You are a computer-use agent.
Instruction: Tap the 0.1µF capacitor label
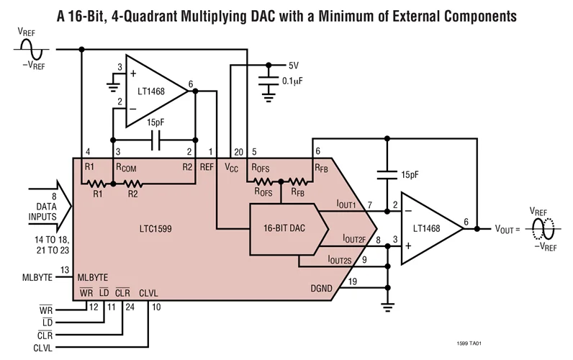click(x=301, y=81)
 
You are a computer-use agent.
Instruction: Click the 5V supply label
click(x=292, y=65)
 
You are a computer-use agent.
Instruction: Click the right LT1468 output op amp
click(x=430, y=227)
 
